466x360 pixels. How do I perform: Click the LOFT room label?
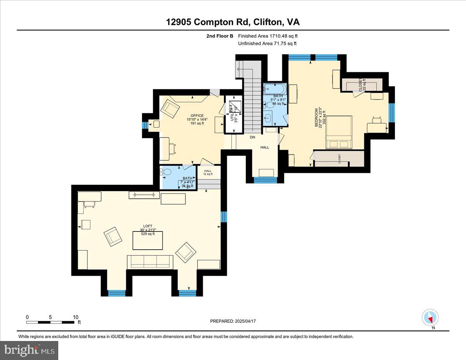(147, 226)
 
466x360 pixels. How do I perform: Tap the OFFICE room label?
(197, 115)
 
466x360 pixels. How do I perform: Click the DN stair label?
(252, 137)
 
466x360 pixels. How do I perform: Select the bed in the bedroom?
(339, 132)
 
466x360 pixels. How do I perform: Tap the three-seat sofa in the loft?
(150, 262)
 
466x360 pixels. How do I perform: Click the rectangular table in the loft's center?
(148, 240)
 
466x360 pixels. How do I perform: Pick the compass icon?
(430, 317)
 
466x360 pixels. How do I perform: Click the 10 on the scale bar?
(76, 317)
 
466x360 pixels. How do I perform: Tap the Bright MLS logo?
(30, 350)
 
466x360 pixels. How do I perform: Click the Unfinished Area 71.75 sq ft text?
(268, 43)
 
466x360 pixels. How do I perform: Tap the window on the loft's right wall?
(224, 217)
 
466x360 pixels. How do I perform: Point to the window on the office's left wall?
(145, 125)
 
